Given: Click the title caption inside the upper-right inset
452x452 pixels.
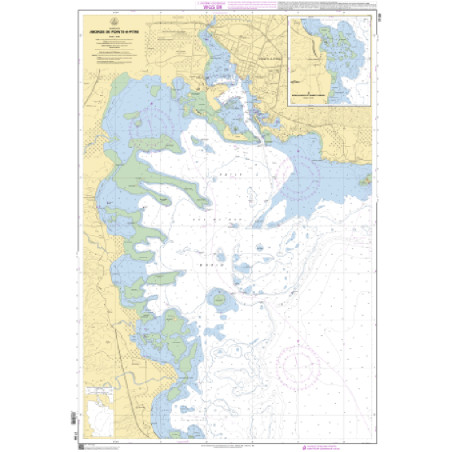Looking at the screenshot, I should coord(329,98).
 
